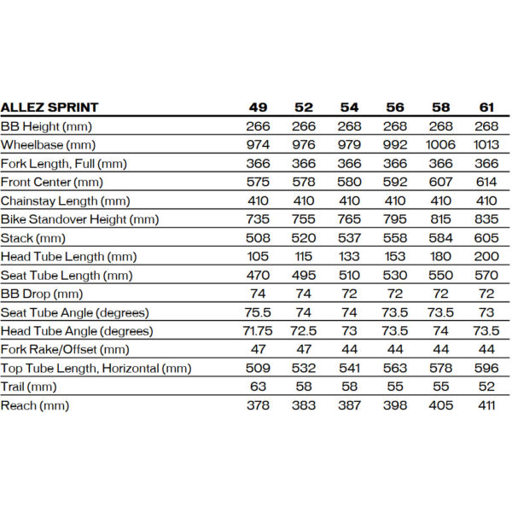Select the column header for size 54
click(x=350, y=108)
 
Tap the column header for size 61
click(x=486, y=108)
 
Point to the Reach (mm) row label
click(x=35, y=404)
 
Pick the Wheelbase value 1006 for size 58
click(x=441, y=144)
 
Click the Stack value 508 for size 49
click(x=258, y=237)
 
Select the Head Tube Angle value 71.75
click(x=258, y=330)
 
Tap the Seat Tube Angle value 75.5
click(x=258, y=311)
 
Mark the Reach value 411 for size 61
click(x=486, y=404)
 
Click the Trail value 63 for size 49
click(x=258, y=386)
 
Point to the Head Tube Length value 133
click(x=350, y=256)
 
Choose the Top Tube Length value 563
click(x=395, y=368)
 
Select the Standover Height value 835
click(x=486, y=218)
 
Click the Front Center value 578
click(x=304, y=182)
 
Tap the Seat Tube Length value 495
click(x=304, y=275)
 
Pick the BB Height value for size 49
click(x=258, y=126)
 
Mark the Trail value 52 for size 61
click(x=486, y=386)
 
